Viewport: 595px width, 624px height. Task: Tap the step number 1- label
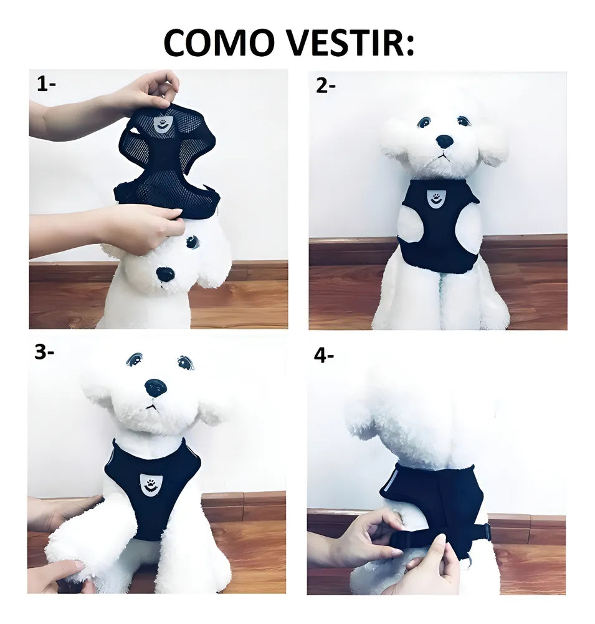46,84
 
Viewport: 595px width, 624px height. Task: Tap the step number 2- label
325,85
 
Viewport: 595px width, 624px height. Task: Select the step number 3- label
44,352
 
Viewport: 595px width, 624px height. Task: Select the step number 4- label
324,355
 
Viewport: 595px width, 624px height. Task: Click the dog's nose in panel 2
444,141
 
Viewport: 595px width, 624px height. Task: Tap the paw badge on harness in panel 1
162,124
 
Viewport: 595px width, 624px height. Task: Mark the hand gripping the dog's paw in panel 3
60,573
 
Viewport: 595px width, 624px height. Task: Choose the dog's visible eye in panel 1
193,241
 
